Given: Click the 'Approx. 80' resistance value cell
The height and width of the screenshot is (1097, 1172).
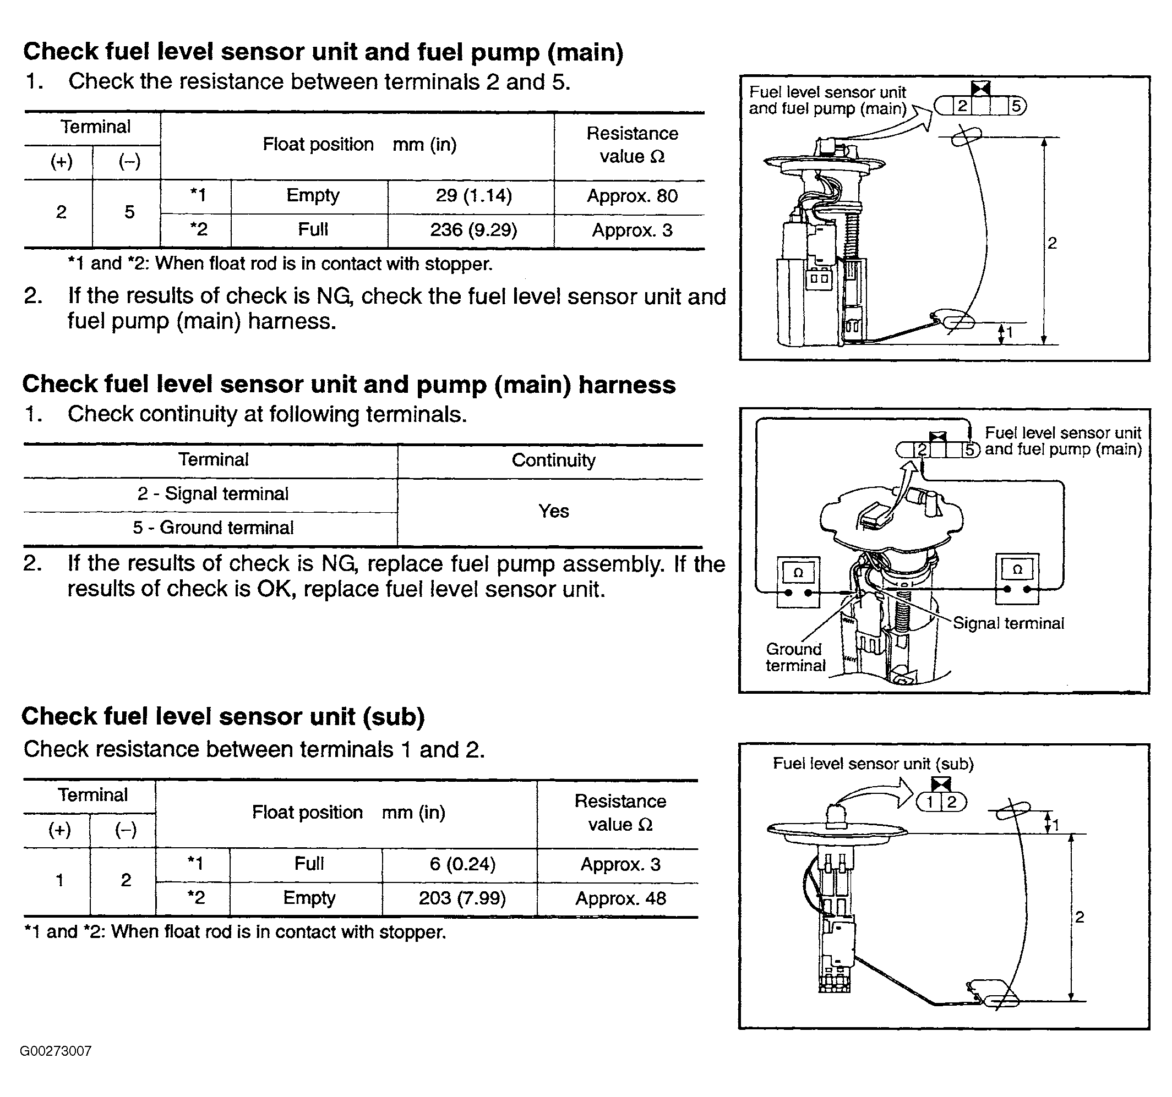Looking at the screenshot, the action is pyautogui.click(x=632, y=196).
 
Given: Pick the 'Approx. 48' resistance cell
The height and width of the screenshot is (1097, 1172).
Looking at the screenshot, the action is pyautogui.click(x=621, y=898).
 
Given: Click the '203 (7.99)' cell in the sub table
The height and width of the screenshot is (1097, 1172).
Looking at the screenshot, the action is pyautogui.click(x=462, y=898).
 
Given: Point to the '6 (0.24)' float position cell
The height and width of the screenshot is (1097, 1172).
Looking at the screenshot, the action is pyautogui.click(x=462, y=864).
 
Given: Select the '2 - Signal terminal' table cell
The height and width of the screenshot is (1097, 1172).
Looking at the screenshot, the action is pyautogui.click(x=213, y=493).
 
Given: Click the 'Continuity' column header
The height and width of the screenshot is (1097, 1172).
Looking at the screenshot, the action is pyautogui.click(x=553, y=460).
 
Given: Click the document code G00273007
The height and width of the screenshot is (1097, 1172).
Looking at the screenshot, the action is pyautogui.click(x=56, y=1051).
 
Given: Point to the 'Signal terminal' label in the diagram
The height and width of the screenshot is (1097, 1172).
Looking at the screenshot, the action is pyautogui.click(x=1008, y=623).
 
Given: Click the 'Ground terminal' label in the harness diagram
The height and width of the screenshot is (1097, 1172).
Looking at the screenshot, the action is pyautogui.click(x=795, y=657).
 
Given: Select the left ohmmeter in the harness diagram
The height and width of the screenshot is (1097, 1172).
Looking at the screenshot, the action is pyautogui.click(x=798, y=581).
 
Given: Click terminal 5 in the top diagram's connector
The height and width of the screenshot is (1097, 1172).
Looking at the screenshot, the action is pyautogui.click(x=1016, y=107).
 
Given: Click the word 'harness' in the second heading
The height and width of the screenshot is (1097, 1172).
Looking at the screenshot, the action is pyautogui.click(x=626, y=385).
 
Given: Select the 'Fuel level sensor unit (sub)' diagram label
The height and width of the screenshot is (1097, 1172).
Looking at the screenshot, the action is pyautogui.click(x=873, y=764).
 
